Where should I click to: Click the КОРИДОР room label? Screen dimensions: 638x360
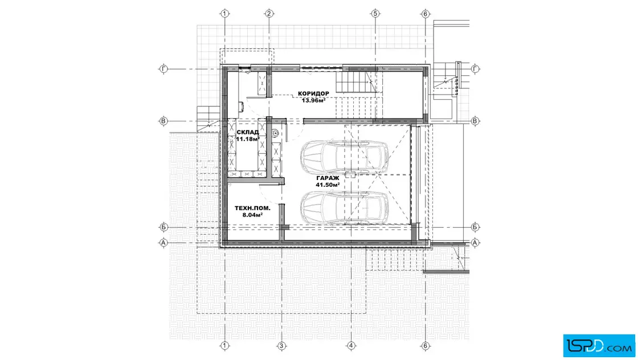point(313,93)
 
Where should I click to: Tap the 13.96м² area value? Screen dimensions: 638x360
point(313,100)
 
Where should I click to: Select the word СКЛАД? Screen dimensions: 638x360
point(247,132)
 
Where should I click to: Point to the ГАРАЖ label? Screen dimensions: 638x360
point(328,178)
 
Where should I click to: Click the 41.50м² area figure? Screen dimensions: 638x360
point(328,185)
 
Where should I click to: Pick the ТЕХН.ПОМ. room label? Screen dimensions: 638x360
point(252,208)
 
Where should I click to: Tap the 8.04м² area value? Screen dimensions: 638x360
point(252,215)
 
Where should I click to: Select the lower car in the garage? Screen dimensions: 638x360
point(344,207)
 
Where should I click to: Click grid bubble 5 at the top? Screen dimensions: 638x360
point(375,14)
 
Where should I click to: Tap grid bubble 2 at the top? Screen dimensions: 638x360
point(269,14)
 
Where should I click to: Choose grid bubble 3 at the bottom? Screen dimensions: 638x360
point(281,346)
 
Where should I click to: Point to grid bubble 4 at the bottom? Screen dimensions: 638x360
point(351,346)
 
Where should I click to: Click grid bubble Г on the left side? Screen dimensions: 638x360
point(163,69)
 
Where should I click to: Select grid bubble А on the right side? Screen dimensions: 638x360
point(475,243)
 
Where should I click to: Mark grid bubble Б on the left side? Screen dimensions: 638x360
point(163,227)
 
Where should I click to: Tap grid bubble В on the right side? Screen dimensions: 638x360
point(475,121)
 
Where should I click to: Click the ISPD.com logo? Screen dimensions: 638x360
point(599,346)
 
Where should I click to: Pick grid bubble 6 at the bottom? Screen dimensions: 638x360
point(425,346)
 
